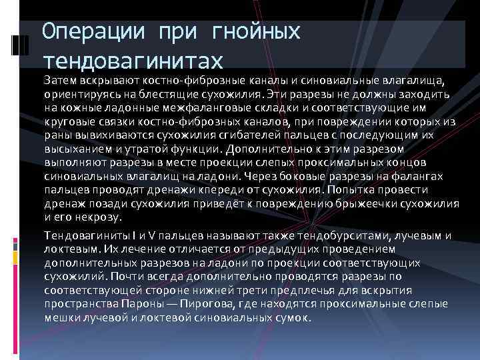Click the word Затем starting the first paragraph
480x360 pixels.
point(59,81)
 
